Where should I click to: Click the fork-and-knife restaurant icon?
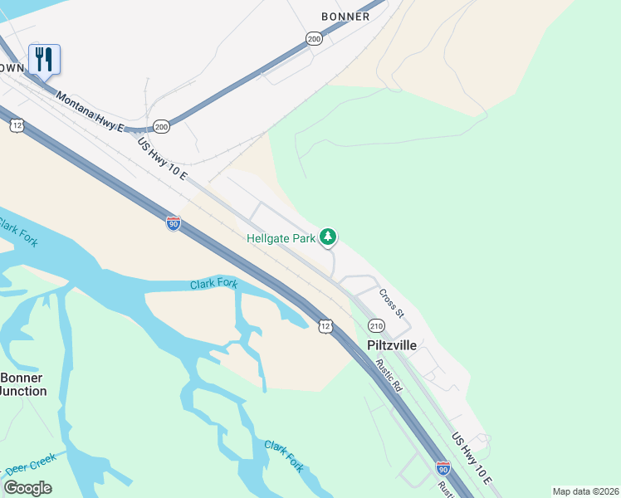click(44, 59)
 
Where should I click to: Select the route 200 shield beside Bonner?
click(313, 38)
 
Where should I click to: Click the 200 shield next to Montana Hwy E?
click(161, 126)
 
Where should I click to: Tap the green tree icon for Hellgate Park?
click(329, 238)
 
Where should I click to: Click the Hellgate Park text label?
click(281, 238)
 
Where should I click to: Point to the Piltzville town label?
click(392, 344)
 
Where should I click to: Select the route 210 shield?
click(376, 325)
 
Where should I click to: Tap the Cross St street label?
click(391, 303)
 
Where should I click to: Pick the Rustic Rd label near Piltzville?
click(388, 375)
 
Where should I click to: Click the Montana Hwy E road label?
click(90, 111)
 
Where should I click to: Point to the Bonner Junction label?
click(22, 384)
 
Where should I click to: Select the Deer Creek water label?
click(30, 461)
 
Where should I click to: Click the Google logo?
click(28, 487)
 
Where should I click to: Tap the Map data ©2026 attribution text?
click(584, 491)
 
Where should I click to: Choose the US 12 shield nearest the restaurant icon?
click(17, 125)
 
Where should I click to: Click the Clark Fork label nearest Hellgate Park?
click(213, 284)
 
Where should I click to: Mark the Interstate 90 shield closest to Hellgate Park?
click(173, 224)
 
